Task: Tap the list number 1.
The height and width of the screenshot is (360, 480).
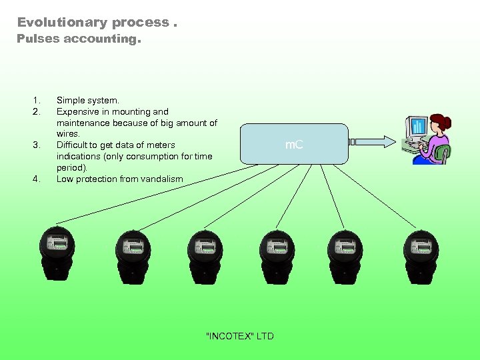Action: coord(36,101)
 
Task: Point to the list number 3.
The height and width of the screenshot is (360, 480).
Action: coord(36,145)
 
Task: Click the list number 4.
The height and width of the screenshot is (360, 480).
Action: coord(36,179)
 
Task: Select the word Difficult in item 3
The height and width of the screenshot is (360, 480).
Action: coord(74,145)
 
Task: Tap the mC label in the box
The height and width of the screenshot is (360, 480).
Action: coord(294,144)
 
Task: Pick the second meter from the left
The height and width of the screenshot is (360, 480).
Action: coord(132,253)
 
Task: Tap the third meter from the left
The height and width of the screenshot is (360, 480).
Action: coord(205,253)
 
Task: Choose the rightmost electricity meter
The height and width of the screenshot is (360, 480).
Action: coord(421,253)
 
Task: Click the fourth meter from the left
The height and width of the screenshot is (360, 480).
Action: coord(277,253)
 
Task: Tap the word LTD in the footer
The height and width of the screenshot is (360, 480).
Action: coord(265,336)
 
